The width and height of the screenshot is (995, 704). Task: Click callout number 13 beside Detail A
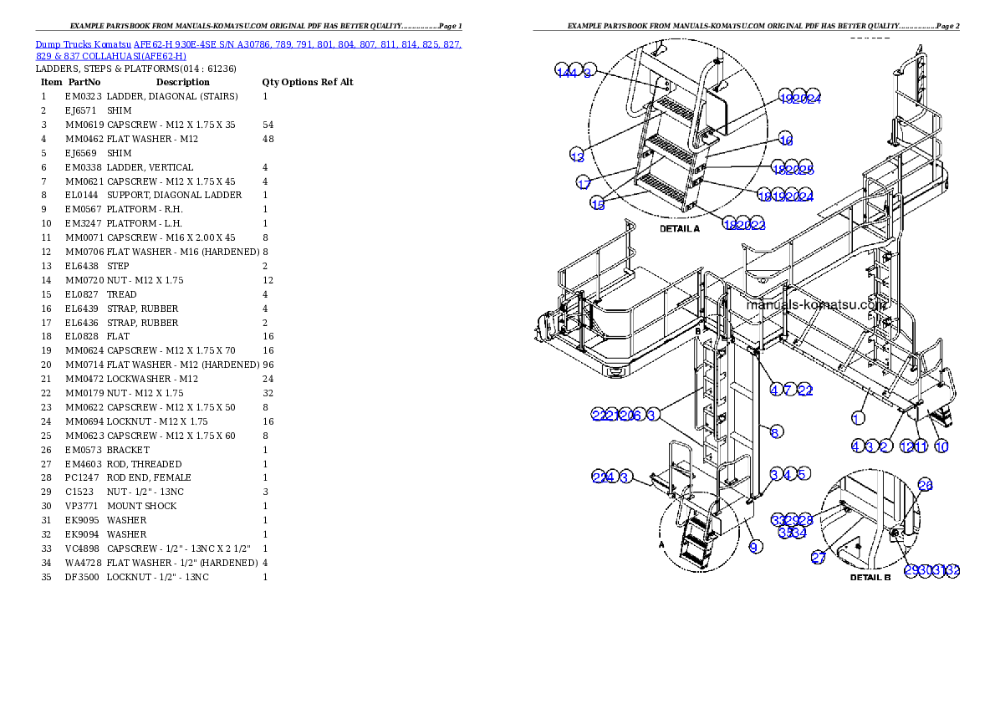[x=577, y=156]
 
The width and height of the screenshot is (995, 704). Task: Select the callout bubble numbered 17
[x=584, y=183]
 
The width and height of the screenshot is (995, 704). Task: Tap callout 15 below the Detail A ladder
[x=599, y=204]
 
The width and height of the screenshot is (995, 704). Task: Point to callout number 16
[x=785, y=140]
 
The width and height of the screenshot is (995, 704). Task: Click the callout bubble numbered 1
[x=858, y=417]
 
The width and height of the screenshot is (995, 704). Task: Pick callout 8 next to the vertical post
[x=775, y=431]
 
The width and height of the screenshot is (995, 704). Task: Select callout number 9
[x=755, y=547]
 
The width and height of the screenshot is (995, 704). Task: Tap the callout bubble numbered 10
[x=941, y=446]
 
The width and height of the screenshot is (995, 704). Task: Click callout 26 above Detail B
[x=925, y=485]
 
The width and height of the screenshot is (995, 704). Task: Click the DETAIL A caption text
[x=679, y=228]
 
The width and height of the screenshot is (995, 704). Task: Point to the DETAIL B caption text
[x=870, y=577]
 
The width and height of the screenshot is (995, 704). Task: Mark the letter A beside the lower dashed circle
[x=662, y=543]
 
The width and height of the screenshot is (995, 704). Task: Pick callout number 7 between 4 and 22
[x=788, y=390]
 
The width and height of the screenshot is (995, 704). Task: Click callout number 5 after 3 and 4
[x=802, y=474]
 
